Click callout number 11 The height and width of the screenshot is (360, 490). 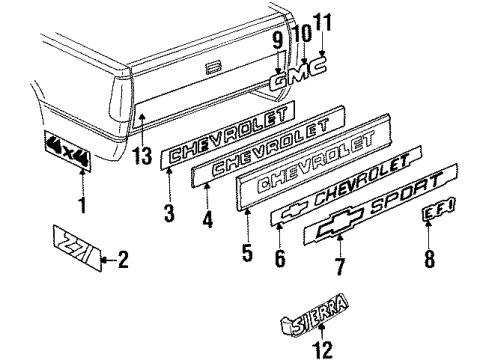pos(322,20)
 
